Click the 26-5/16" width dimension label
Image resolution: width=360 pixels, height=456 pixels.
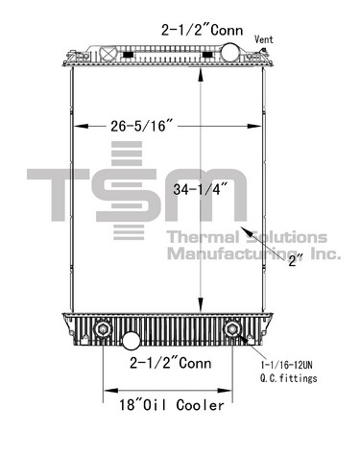142,126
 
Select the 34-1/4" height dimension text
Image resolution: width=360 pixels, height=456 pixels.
200,189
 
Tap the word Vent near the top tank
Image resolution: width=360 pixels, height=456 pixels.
264,39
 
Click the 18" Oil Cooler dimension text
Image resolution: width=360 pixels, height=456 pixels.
172,405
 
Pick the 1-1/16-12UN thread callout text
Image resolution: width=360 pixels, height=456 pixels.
287,365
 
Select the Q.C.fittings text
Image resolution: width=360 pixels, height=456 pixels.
288,378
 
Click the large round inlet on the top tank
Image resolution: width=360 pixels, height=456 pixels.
229,52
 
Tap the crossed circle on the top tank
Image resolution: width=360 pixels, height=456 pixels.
108,53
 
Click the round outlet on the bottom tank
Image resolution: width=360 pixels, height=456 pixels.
132,341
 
